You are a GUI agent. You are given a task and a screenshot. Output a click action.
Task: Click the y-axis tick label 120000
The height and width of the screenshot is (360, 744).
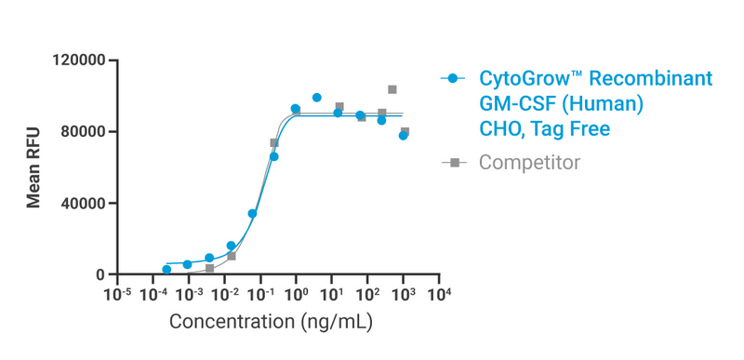[81, 60]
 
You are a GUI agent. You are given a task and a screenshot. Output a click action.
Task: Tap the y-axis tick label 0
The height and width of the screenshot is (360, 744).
[101, 275]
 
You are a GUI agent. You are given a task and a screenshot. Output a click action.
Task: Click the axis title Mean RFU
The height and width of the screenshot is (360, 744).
[33, 167]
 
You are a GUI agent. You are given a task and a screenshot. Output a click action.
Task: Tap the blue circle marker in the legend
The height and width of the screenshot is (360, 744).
[453, 79]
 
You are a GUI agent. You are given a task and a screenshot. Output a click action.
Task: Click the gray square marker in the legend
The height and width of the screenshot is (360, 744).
[453, 163]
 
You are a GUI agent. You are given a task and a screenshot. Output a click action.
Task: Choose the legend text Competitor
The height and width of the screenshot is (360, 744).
[529, 163]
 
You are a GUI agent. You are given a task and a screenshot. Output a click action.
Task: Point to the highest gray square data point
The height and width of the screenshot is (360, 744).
[392, 89]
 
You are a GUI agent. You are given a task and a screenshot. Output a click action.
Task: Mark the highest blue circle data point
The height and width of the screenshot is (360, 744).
[317, 98]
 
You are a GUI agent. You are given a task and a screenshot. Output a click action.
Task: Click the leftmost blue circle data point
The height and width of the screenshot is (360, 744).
[166, 270]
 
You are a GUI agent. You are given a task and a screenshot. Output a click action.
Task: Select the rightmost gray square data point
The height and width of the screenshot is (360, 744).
[405, 132]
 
